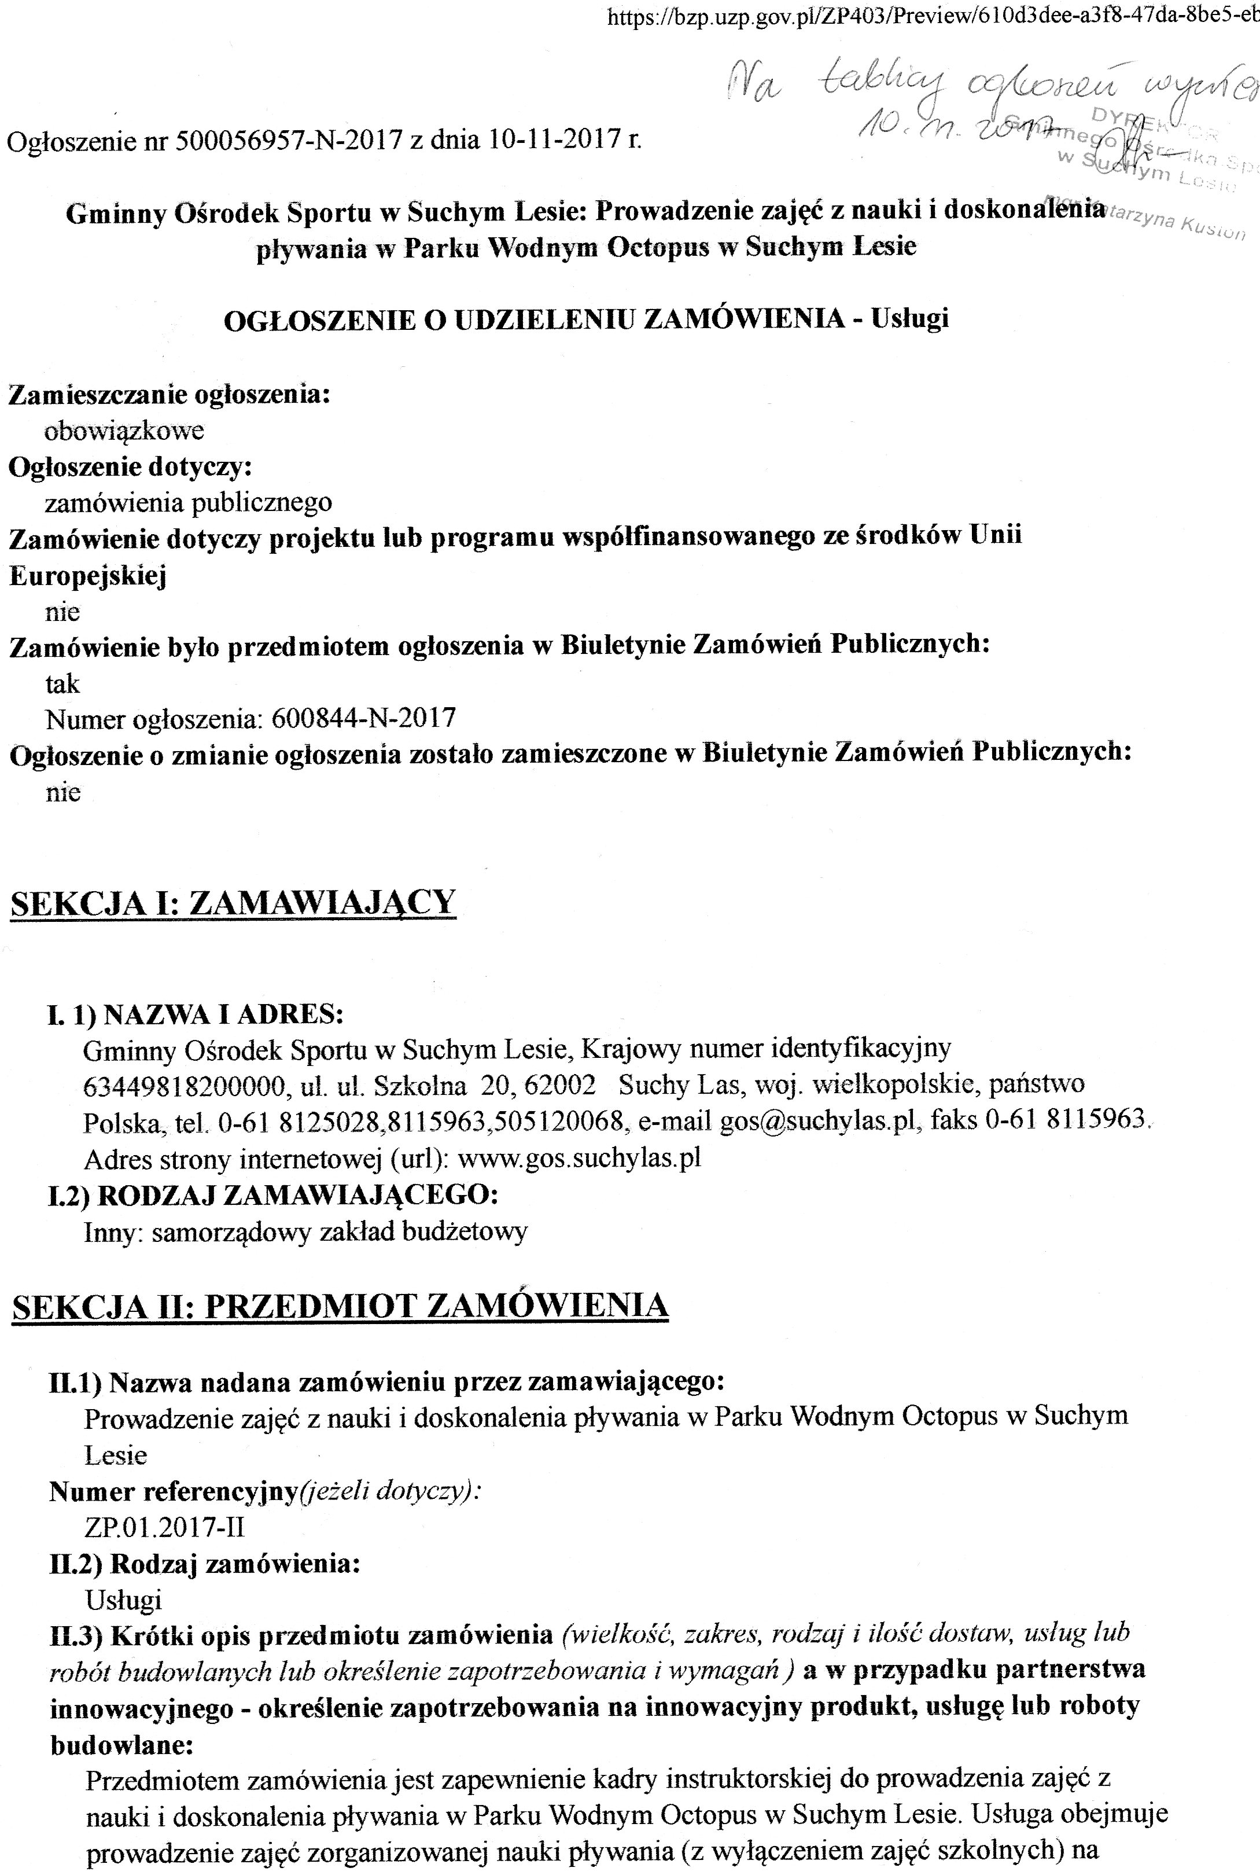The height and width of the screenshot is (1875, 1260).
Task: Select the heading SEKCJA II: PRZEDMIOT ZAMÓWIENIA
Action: click(x=340, y=1306)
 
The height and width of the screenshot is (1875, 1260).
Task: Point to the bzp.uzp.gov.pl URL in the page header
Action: click(x=932, y=18)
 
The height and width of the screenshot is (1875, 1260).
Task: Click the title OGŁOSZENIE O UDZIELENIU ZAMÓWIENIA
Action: click(x=533, y=319)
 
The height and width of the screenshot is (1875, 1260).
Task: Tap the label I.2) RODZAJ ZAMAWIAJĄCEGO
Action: click(x=273, y=1195)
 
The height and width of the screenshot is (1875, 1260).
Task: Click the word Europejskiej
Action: click(x=87, y=575)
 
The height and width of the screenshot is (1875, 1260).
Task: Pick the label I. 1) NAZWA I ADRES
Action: click(x=196, y=1014)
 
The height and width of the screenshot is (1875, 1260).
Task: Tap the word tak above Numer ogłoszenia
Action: click(x=62, y=684)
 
